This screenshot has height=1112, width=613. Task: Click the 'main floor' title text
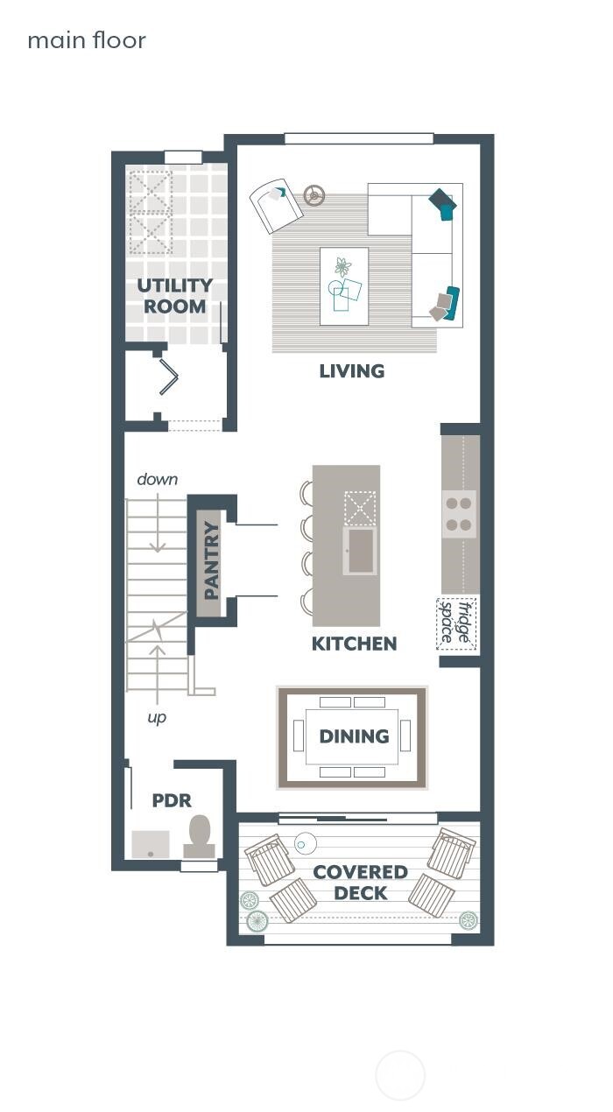click(87, 40)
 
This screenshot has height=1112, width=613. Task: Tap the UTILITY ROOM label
click(175, 296)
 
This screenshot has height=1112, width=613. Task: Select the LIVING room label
click(351, 371)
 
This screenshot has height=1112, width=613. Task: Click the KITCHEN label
click(354, 644)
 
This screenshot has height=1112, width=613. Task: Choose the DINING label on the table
click(354, 736)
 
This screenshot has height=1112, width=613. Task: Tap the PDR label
click(172, 800)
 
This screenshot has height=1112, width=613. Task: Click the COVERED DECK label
click(360, 883)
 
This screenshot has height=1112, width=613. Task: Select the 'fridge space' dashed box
click(456, 623)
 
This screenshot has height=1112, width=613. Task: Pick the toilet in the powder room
click(200, 837)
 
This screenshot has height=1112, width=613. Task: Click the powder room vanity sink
click(151, 844)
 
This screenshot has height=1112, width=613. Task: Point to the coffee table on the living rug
click(343, 285)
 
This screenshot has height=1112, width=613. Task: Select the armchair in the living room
click(275, 205)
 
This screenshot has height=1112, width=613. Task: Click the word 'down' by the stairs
click(158, 479)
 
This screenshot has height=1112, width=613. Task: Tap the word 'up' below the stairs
click(157, 717)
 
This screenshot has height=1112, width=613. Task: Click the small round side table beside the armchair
click(314, 194)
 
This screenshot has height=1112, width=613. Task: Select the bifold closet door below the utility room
click(168, 378)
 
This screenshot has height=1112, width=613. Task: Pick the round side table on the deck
click(306, 843)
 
